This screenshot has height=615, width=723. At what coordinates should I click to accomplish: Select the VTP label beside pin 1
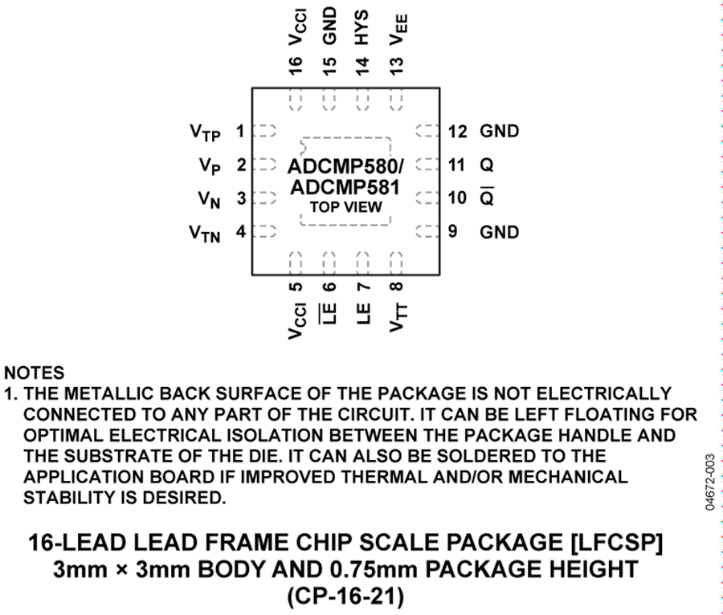tap(206, 132)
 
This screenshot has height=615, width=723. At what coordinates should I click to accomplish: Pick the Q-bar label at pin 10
tap(487, 197)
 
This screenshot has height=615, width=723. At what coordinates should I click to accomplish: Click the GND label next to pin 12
tap(499, 131)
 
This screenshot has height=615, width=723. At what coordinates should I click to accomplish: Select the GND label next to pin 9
tap(499, 232)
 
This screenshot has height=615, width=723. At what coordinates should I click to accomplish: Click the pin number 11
tap(457, 165)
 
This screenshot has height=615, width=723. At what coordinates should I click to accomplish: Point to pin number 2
tap(241, 165)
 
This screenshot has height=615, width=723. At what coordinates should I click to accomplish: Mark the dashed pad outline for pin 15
tap(329, 100)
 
